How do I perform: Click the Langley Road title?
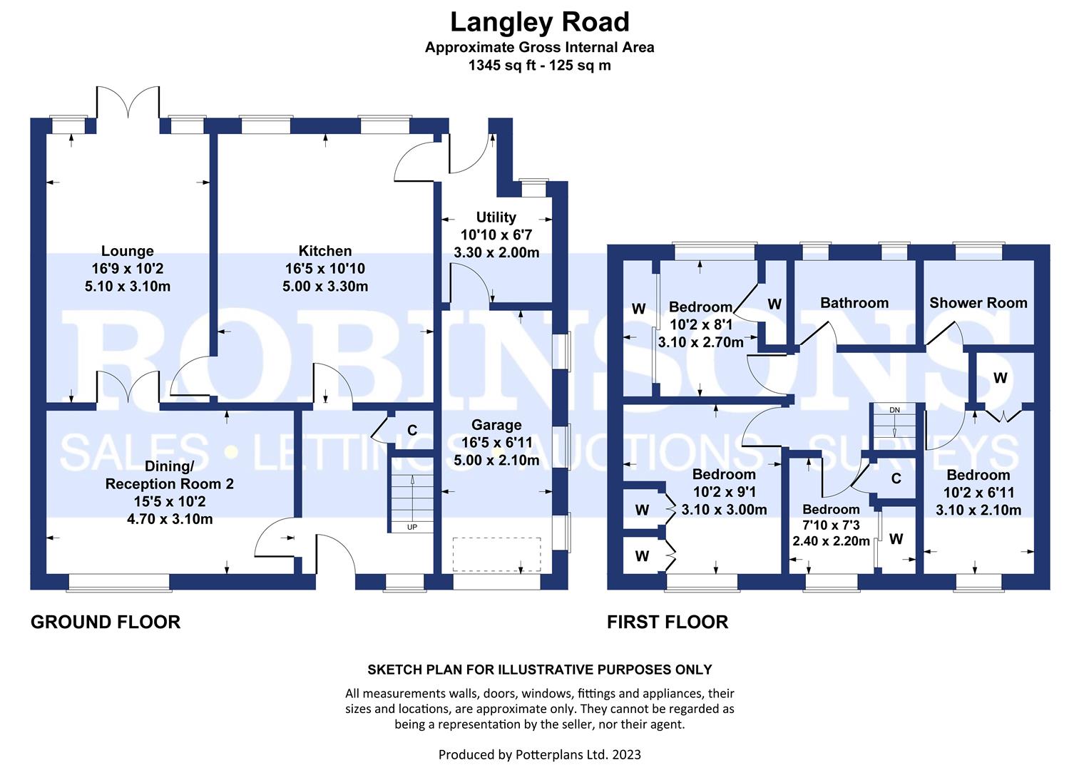[x=539, y=22]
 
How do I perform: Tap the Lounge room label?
[x=127, y=251]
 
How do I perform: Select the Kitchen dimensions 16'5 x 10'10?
[x=325, y=269]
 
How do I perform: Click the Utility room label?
[x=496, y=217]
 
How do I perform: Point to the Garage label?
[x=496, y=425]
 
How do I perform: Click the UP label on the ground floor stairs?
[x=411, y=527]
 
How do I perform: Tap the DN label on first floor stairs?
[x=894, y=410]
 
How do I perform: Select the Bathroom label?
[x=854, y=303]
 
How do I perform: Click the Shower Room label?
[x=978, y=303]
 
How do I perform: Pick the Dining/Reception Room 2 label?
[x=170, y=475]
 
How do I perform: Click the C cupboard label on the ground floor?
[x=411, y=430]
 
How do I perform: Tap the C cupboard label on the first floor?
[x=896, y=478]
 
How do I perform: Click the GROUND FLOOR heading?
[x=106, y=622]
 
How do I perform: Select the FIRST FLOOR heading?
[x=667, y=622]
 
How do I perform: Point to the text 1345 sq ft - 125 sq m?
[x=539, y=66]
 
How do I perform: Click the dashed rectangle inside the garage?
[x=496, y=554]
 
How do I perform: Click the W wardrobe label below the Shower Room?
[x=1000, y=378]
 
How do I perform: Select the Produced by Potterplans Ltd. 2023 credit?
[x=539, y=754]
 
